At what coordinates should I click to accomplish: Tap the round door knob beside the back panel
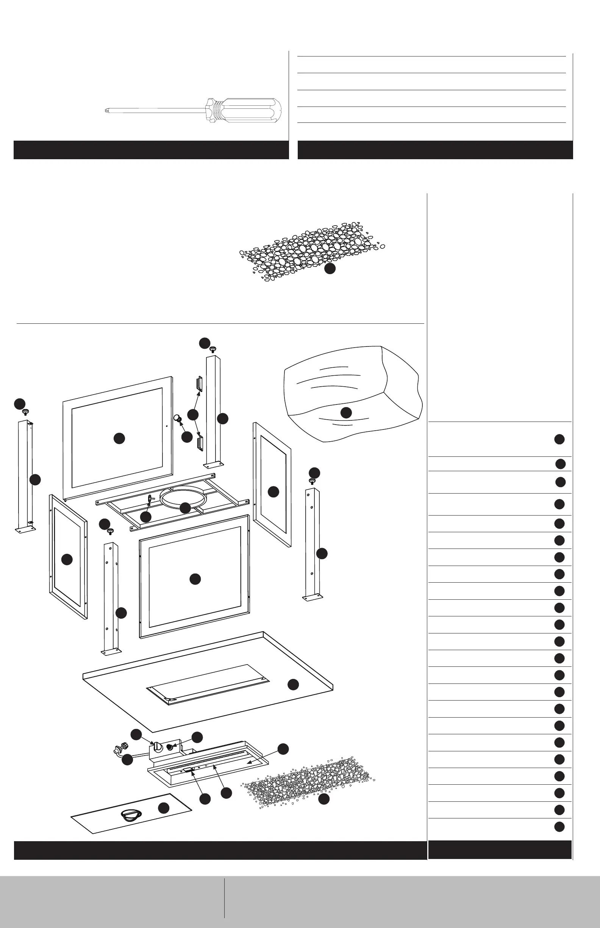(177, 419)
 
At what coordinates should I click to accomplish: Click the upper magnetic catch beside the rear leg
(200, 384)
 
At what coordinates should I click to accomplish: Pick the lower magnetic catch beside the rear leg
(201, 443)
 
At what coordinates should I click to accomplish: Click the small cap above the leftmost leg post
(26, 412)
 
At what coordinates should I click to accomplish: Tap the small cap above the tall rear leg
(213, 350)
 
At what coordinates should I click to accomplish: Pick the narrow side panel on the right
(272, 483)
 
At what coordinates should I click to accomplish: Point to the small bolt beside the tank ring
(150, 499)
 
